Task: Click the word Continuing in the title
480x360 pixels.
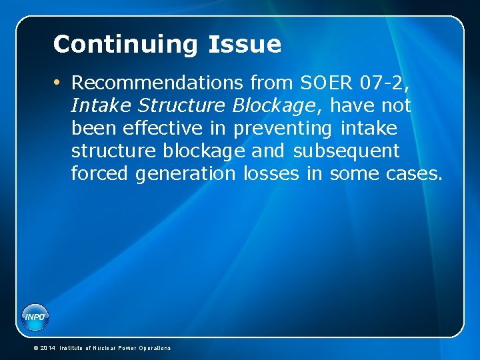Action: point(125,45)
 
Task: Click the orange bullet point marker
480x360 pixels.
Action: point(59,83)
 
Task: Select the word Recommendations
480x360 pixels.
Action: point(158,83)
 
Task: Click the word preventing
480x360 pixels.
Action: point(284,128)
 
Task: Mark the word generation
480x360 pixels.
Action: point(185,175)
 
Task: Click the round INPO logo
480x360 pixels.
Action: point(35,317)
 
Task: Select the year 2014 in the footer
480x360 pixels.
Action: point(48,348)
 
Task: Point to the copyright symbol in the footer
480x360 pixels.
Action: point(35,348)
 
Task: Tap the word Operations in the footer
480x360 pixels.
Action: point(153,348)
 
